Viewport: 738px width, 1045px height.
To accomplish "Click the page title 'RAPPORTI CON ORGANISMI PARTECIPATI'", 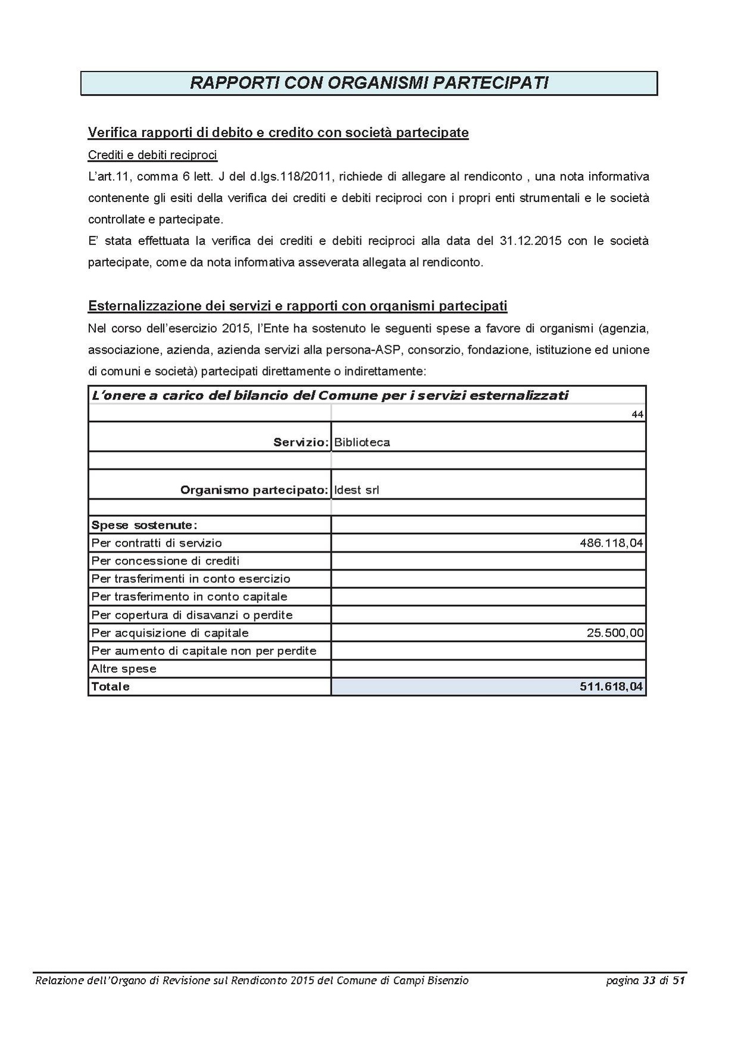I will tap(369, 83).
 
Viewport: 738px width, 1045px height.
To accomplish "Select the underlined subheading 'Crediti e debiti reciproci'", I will tap(152, 156).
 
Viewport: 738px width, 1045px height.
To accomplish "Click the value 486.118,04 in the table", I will tap(611, 543).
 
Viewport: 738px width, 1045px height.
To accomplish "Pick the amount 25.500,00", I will tap(615, 633).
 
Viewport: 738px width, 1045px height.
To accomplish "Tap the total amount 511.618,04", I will tap(611, 687).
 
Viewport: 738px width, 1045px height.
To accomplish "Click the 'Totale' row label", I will tap(110, 687).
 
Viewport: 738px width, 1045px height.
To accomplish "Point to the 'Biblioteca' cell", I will tap(362, 442).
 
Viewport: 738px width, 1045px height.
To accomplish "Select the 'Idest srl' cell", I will tap(357, 490).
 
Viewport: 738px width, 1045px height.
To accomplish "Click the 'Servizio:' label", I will tap(301, 442).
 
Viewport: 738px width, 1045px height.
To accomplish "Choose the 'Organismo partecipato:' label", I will tap(254, 490).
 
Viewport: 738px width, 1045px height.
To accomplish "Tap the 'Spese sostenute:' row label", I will tap(144, 525).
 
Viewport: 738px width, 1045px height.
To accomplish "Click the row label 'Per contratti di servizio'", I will tap(157, 543).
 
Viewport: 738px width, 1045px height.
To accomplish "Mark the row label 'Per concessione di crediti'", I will tap(165, 561).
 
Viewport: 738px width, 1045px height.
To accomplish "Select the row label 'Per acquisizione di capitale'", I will tap(170, 633).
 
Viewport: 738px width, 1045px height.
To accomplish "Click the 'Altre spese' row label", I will tap(123, 669).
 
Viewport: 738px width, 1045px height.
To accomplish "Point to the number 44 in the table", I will tap(637, 414).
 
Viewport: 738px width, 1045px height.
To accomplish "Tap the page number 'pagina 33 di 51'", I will tap(646, 981).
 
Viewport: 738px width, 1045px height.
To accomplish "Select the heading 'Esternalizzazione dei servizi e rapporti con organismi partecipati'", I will tap(298, 306).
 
